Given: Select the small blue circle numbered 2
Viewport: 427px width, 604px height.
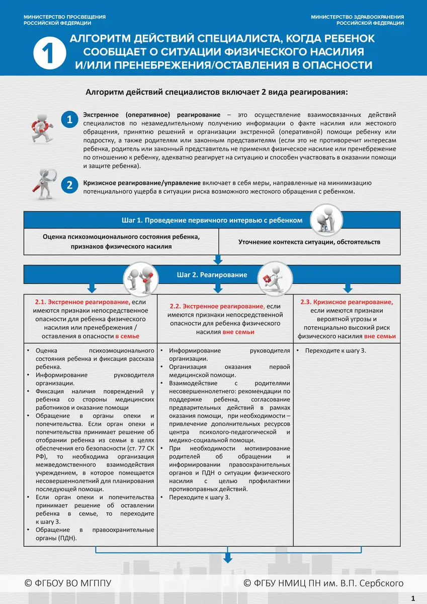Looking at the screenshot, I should point(69,185).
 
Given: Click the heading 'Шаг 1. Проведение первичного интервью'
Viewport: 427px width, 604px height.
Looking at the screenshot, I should point(212,220).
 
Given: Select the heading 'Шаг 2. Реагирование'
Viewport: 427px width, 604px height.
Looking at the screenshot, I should point(212,275).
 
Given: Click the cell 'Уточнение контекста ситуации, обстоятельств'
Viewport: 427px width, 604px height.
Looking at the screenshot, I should point(309,242).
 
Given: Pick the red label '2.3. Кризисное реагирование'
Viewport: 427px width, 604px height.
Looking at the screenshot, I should point(347,302).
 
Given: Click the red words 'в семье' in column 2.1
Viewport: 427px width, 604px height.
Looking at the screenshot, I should point(127,336).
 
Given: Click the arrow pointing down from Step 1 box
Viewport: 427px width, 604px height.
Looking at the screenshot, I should point(218,260).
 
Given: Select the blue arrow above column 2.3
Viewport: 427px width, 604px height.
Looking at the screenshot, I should point(347,288).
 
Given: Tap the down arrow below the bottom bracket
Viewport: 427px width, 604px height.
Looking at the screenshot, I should point(228,557).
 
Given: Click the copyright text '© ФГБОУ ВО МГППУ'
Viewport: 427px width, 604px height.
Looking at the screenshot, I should point(68,583).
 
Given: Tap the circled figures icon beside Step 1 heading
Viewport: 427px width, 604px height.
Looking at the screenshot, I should point(325,220).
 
